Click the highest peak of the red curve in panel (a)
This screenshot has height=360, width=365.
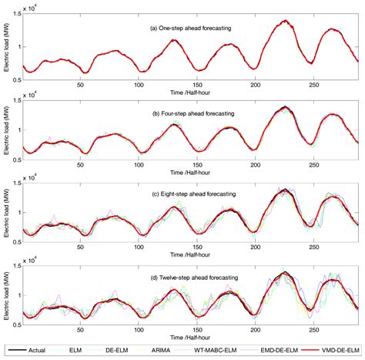click(x=285, y=22)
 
